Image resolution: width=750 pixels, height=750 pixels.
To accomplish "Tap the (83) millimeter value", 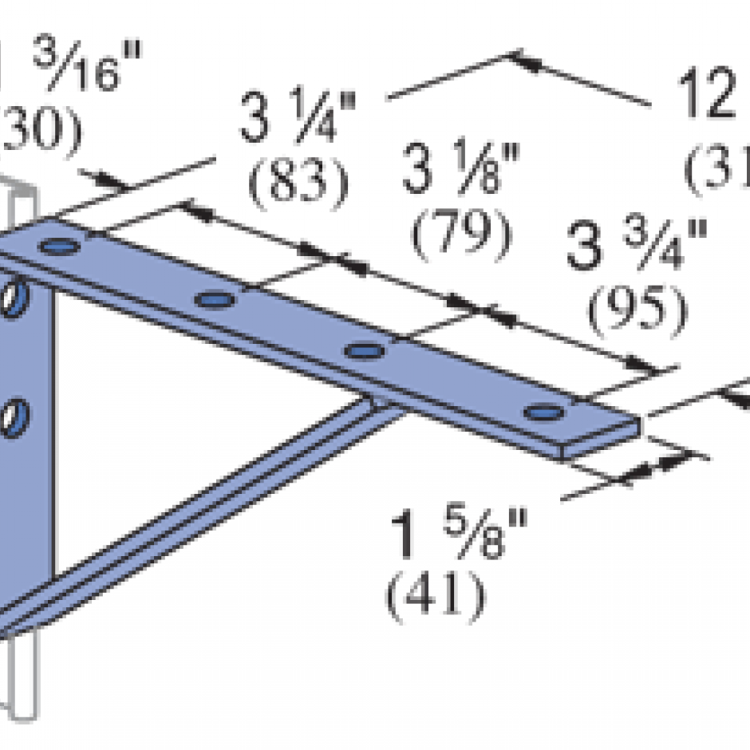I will coord(298,183).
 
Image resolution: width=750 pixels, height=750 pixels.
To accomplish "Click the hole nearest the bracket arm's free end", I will coord(545,412).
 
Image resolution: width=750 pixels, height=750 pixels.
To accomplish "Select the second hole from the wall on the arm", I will coord(215,300).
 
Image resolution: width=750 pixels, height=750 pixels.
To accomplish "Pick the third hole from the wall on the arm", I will coord(364,349).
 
